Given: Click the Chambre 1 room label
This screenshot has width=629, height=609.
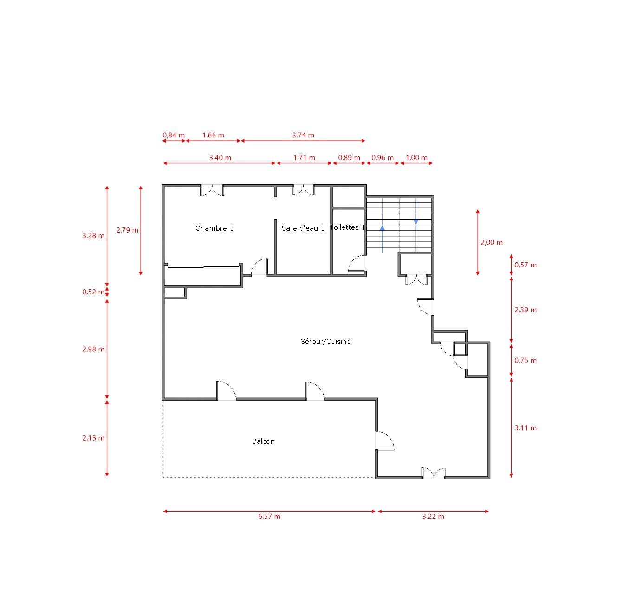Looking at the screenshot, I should [x=214, y=228].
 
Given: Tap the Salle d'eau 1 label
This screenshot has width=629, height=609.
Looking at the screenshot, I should [x=303, y=228].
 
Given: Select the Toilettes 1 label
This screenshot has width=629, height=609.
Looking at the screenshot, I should [x=347, y=227].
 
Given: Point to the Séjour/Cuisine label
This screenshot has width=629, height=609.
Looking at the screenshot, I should [x=325, y=341].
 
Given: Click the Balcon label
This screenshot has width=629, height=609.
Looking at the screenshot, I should [x=263, y=441].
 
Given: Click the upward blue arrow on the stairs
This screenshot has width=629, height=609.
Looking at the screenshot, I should [x=382, y=228].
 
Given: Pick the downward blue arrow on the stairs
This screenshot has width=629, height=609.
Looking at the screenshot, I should [x=416, y=221].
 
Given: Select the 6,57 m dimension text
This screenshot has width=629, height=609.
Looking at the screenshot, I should [x=269, y=516].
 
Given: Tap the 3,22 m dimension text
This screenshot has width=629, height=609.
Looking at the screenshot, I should [x=433, y=516].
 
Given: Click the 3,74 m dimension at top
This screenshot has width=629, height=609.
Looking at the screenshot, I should [x=303, y=135].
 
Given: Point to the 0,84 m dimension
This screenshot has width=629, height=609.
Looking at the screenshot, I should [x=173, y=135].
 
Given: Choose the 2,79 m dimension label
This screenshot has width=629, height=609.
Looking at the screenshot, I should [x=127, y=230].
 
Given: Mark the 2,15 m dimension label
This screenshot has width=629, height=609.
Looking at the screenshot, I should [x=93, y=438].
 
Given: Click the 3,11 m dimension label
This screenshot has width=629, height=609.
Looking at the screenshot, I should [x=525, y=428].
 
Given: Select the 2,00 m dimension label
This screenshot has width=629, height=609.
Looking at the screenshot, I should [x=491, y=242].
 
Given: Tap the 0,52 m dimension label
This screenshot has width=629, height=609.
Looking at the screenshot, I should [x=93, y=292].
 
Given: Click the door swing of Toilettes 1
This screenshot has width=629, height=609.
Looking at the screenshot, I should [x=357, y=263].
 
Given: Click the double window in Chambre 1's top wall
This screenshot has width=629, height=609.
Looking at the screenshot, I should [x=212, y=190].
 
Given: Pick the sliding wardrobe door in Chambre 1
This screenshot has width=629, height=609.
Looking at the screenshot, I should [x=203, y=267].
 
